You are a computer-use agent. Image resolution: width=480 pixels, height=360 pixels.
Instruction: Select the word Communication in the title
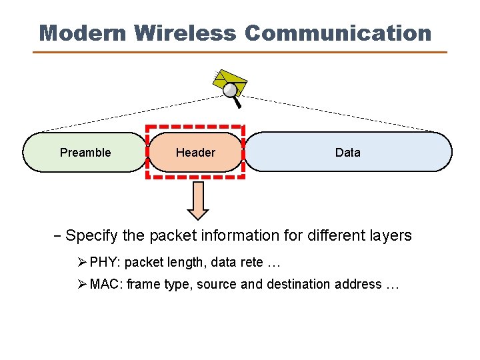click(338, 33)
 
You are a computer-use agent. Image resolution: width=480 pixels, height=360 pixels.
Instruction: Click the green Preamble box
click(85, 152)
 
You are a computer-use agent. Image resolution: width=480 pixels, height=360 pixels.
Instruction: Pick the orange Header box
click(195, 152)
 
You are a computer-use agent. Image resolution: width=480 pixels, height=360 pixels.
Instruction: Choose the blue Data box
click(347, 152)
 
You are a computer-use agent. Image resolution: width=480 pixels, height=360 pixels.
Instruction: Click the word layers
click(392, 235)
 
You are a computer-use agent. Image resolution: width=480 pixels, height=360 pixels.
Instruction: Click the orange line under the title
click(240, 52)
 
